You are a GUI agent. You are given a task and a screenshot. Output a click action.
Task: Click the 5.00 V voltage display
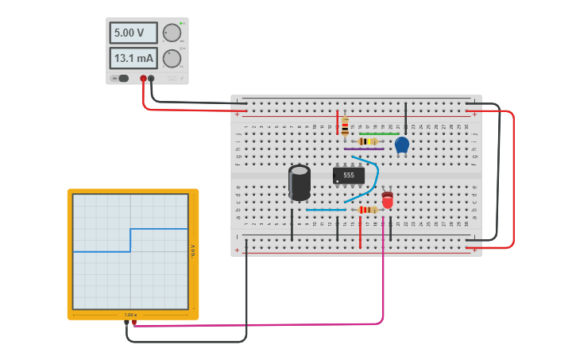pos(133,33)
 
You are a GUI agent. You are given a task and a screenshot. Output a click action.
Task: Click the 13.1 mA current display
pos(133,58)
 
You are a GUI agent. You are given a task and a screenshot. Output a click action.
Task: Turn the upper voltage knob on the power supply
pos(172,33)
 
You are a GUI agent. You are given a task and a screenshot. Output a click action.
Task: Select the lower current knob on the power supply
pos(172,58)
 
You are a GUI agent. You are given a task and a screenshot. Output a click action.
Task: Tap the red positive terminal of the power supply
pos(144,79)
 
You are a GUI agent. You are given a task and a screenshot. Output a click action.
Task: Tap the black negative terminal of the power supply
pos(151,79)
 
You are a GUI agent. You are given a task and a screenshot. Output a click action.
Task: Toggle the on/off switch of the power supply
pos(122,78)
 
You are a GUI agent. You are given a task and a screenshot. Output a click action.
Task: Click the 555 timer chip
pos(349,175)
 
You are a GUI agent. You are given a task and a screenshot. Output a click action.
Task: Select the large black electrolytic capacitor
pos(300,182)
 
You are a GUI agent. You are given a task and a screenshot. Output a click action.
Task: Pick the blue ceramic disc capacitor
pos(402,144)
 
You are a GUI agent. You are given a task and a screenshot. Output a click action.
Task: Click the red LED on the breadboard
pos(387,199)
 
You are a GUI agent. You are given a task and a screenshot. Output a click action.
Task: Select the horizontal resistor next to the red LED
pos(367,210)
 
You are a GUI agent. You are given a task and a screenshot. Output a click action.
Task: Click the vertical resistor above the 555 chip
pos(345,126)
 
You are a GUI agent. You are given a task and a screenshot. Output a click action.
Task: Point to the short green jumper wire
pos(378,134)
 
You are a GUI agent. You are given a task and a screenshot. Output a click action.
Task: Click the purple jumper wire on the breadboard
pos(364,149)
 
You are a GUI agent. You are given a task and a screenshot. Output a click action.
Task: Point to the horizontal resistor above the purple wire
pos(367,141)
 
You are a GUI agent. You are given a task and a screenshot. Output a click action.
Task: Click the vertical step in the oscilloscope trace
pos(130,240)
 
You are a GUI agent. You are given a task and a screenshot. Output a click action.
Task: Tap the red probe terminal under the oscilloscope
pos(134,323)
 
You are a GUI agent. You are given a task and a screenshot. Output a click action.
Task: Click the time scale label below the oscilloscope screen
pos(130,315)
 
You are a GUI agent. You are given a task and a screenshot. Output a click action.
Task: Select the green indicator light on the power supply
pos(182,23)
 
